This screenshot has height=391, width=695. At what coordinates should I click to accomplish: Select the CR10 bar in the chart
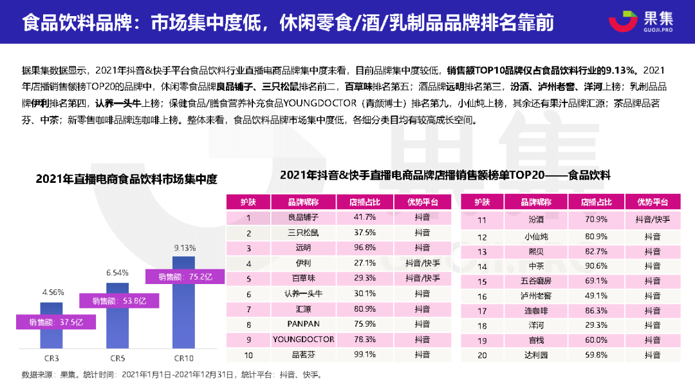(183, 316)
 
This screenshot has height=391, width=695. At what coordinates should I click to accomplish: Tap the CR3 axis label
(52, 358)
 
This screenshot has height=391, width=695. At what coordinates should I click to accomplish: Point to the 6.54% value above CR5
(117, 273)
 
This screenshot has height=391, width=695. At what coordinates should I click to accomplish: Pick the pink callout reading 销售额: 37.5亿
(53, 321)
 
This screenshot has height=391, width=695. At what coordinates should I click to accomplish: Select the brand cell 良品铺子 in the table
(304, 217)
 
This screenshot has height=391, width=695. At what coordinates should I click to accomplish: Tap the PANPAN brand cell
(304, 324)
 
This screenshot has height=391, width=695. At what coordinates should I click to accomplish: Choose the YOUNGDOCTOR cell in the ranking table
(304, 339)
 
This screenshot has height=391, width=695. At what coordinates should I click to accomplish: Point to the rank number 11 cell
(481, 220)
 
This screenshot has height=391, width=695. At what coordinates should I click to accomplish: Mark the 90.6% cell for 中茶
(594, 266)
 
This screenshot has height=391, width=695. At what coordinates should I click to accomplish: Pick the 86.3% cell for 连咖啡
(594, 311)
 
